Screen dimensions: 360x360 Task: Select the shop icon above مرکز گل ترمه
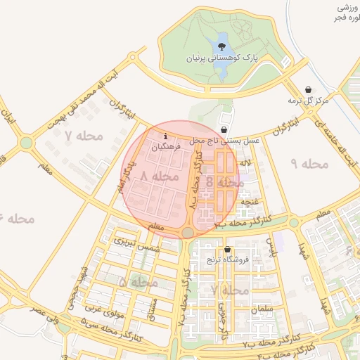pyautogui.click(x=309, y=90)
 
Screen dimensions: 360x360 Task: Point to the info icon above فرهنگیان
pyautogui.click(x=165, y=135)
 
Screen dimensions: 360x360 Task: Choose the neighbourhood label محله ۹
pyautogui.click(x=309, y=164)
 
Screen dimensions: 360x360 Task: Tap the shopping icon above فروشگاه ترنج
pyautogui.click(x=227, y=250)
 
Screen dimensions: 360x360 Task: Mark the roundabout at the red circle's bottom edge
pyautogui.click(x=188, y=233)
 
